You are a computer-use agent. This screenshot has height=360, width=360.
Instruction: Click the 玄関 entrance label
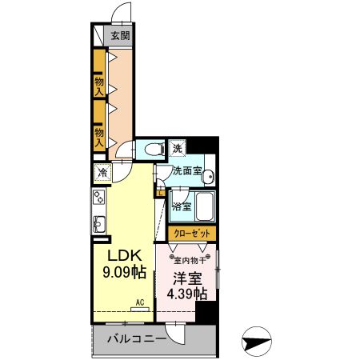119,35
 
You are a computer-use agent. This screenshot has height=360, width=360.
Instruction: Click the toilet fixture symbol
151,148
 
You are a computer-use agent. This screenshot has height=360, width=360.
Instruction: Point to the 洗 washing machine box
178,148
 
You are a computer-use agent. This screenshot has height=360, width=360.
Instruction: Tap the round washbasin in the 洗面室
206,178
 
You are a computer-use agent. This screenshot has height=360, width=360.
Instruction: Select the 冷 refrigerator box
102,171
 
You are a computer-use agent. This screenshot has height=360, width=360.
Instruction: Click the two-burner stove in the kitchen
100,198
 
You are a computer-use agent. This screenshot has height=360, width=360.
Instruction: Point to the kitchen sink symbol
100,223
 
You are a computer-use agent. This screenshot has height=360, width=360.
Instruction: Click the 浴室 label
182,206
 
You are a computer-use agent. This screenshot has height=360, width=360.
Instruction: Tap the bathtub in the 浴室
204,207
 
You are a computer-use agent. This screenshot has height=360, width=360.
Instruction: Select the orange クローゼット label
192,233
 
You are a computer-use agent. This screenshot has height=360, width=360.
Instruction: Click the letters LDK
125,255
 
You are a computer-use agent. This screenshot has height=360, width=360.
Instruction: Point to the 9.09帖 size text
125,272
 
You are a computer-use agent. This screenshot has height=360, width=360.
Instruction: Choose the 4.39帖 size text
186,294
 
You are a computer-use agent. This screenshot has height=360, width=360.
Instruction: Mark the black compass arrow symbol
256,342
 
